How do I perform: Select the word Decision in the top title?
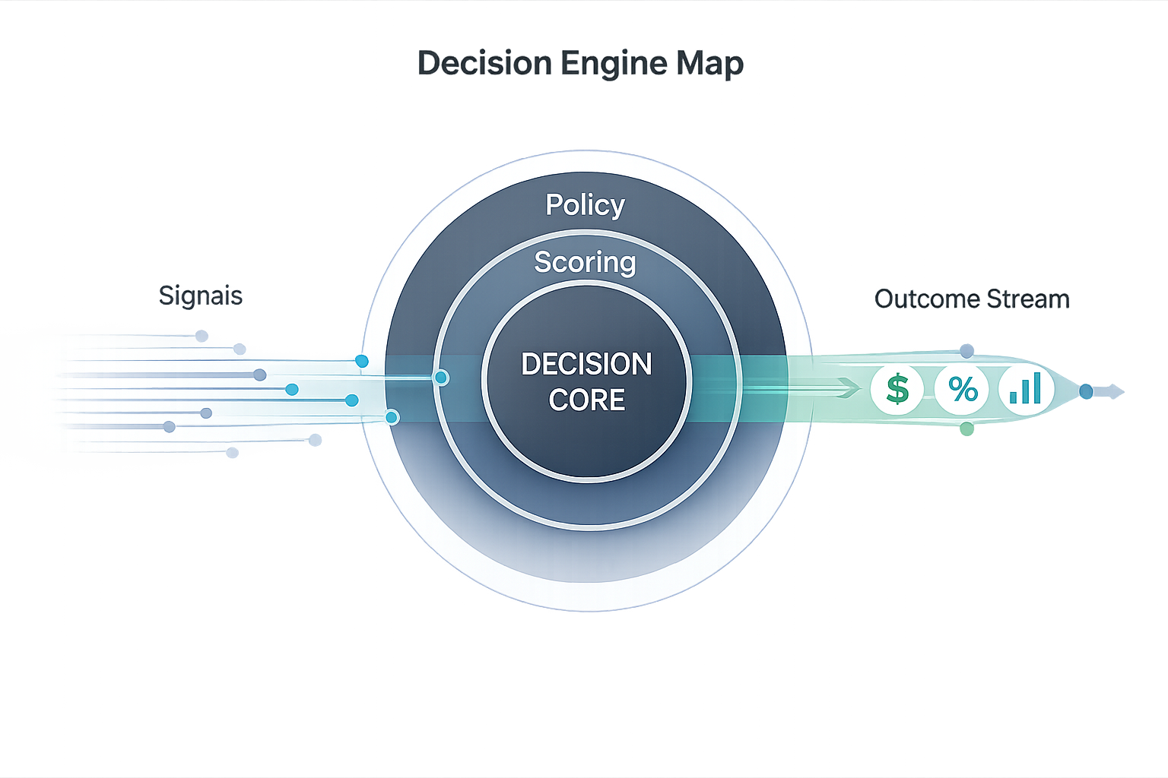(485, 63)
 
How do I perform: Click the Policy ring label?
(585, 204)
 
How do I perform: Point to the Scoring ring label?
(585, 262)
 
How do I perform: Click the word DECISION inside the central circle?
(586, 365)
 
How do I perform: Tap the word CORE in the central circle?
(586, 400)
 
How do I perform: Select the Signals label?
(201, 296)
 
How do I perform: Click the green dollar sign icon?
(897, 389)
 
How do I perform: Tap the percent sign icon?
(962, 390)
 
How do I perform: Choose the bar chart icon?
(1026, 389)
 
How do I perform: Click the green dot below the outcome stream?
(966, 429)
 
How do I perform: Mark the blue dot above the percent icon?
(966, 351)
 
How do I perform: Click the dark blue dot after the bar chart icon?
(1086, 392)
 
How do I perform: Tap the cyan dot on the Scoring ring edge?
(440, 378)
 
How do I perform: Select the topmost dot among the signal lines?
(202, 336)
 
